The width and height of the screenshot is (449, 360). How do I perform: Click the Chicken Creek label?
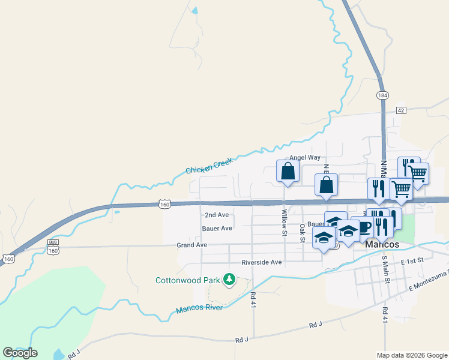click(x=208, y=166)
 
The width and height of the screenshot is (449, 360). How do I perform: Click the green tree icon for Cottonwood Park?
click(x=229, y=279)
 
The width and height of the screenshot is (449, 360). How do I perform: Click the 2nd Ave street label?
click(x=217, y=215)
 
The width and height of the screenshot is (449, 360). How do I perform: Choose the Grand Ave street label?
click(x=191, y=245)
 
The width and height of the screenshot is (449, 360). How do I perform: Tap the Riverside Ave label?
click(x=261, y=262)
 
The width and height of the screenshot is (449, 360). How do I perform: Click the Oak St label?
click(x=302, y=232)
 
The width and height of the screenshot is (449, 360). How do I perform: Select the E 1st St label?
click(x=412, y=260)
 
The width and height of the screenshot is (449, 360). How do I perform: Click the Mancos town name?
click(x=382, y=245)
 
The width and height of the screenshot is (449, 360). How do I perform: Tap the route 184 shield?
click(x=382, y=96)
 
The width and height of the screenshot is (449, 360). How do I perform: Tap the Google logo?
click(x=20, y=353)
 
